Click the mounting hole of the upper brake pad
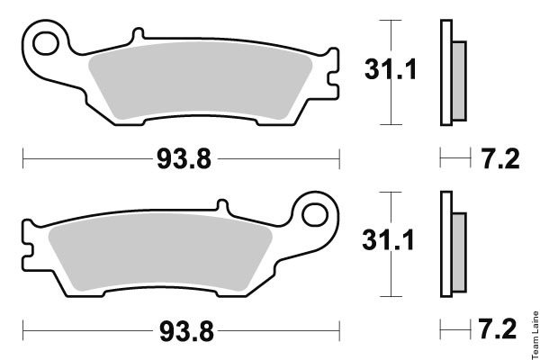coord(46,43)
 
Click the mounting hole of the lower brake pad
coord(315,214)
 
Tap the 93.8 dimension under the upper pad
coord(184,159)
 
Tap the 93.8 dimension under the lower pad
coord(186,331)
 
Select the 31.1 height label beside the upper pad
coord(391,69)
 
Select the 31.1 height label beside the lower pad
coord(388,240)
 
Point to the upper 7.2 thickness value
coord(500,158)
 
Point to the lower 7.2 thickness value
coord(498,328)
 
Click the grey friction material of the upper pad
coord(200,80)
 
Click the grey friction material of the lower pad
coord(160,251)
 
